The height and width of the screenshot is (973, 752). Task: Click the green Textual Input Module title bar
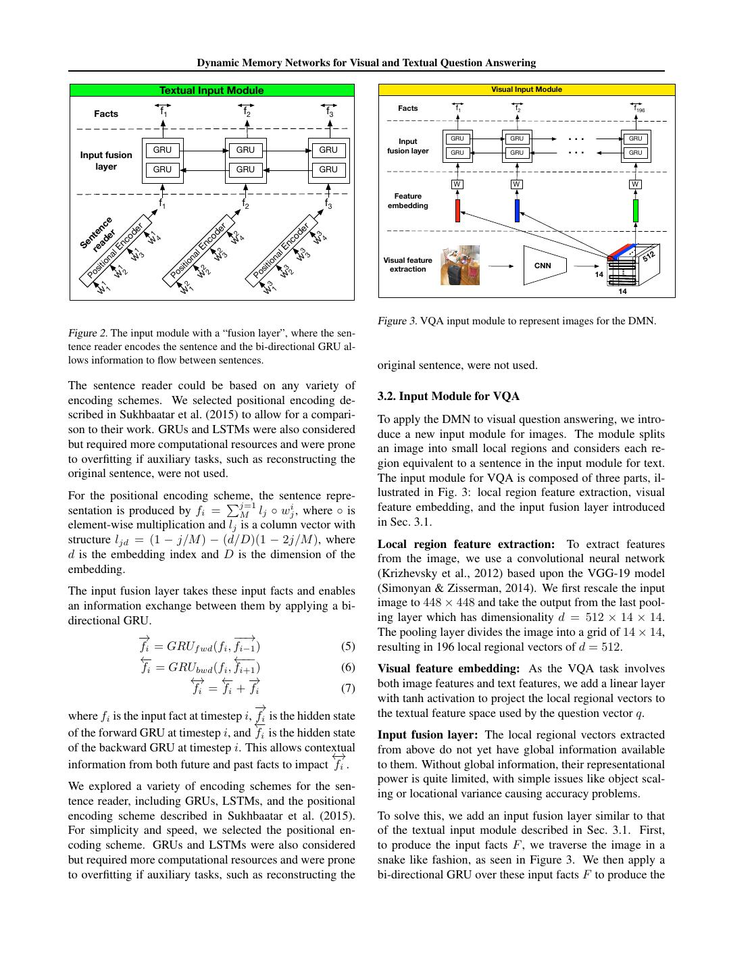point(211,90)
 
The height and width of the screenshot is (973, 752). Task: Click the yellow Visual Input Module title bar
point(526,89)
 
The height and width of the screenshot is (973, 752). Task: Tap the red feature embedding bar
point(457,210)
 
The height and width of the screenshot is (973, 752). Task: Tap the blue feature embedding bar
point(517,210)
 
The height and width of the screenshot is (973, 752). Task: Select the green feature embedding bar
point(636,210)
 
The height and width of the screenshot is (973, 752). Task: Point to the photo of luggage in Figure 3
point(460,265)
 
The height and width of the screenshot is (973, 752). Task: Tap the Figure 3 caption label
point(397,321)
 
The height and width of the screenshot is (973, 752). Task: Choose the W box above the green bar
point(635,184)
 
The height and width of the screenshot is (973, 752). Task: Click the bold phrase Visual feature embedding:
point(449,669)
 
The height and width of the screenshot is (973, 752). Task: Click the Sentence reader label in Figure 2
point(98,234)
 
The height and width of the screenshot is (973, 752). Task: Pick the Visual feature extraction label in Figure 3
point(407,264)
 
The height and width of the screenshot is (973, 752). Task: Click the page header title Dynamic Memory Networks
point(366,63)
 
